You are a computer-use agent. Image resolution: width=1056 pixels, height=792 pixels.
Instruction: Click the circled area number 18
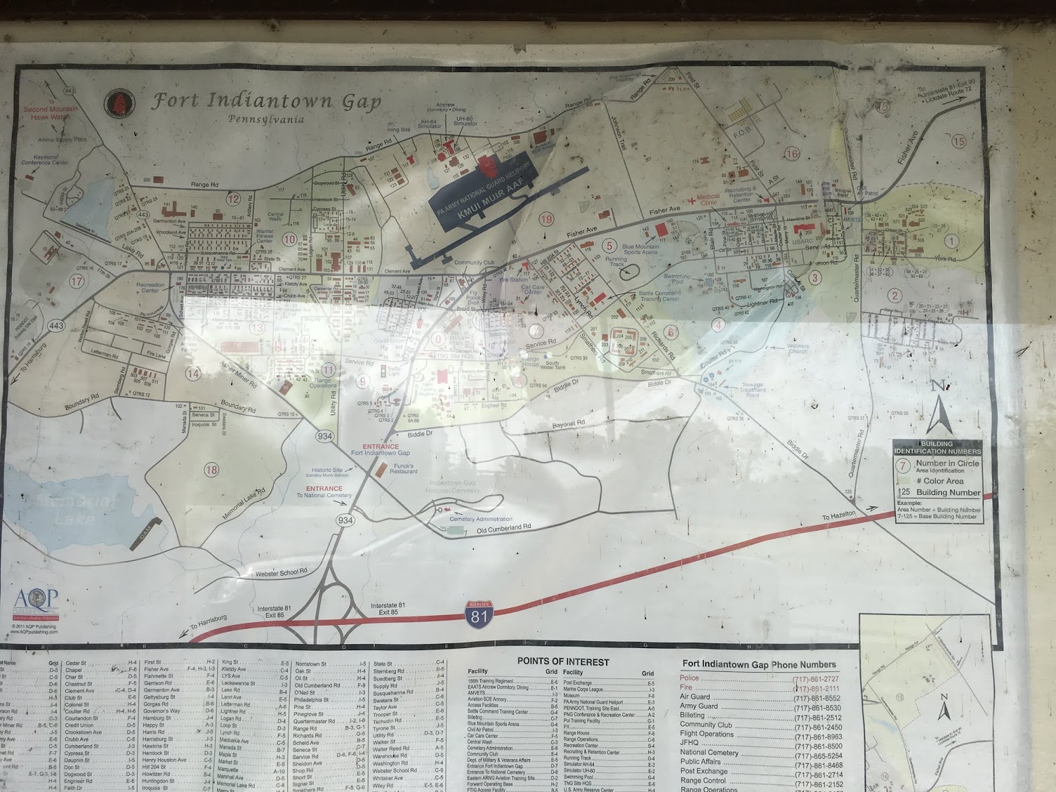211,470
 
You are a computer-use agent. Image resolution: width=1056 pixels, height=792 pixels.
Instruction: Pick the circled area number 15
958,141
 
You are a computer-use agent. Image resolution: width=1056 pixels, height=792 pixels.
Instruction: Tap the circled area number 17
77,280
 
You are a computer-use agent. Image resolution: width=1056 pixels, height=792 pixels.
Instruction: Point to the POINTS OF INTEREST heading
563,661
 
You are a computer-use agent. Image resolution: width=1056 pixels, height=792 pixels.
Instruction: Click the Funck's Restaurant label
403,468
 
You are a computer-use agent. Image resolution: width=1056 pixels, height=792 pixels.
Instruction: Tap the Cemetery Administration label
471,519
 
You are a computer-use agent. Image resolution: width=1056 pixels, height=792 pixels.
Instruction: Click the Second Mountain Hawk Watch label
51,113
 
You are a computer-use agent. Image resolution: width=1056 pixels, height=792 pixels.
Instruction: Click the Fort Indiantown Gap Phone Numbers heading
759,665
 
